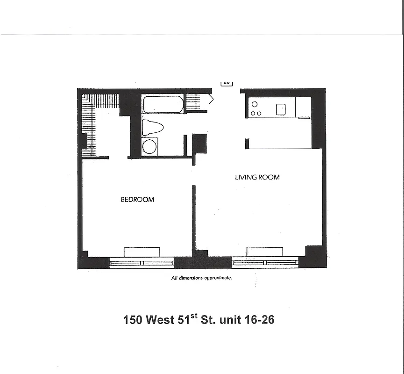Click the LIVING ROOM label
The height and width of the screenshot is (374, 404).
[x=257, y=177]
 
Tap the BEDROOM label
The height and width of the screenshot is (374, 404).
[x=137, y=200]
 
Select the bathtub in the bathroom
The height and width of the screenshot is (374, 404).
[x=163, y=104]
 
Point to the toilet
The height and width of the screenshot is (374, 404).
[x=152, y=127]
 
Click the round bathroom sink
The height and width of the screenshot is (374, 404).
[x=149, y=146]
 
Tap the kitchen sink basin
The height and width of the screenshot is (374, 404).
[x=281, y=109]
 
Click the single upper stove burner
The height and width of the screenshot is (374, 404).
[x=255, y=104]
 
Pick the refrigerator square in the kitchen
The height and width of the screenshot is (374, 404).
[x=303, y=107]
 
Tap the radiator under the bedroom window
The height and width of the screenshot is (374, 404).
[x=142, y=252]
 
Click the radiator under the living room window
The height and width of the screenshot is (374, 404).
[x=265, y=252]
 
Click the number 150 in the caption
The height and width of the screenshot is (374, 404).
[x=133, y=320]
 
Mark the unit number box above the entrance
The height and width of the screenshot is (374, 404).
[x=227, y=83]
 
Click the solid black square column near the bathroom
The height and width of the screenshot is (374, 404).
[x=199, y=143]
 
